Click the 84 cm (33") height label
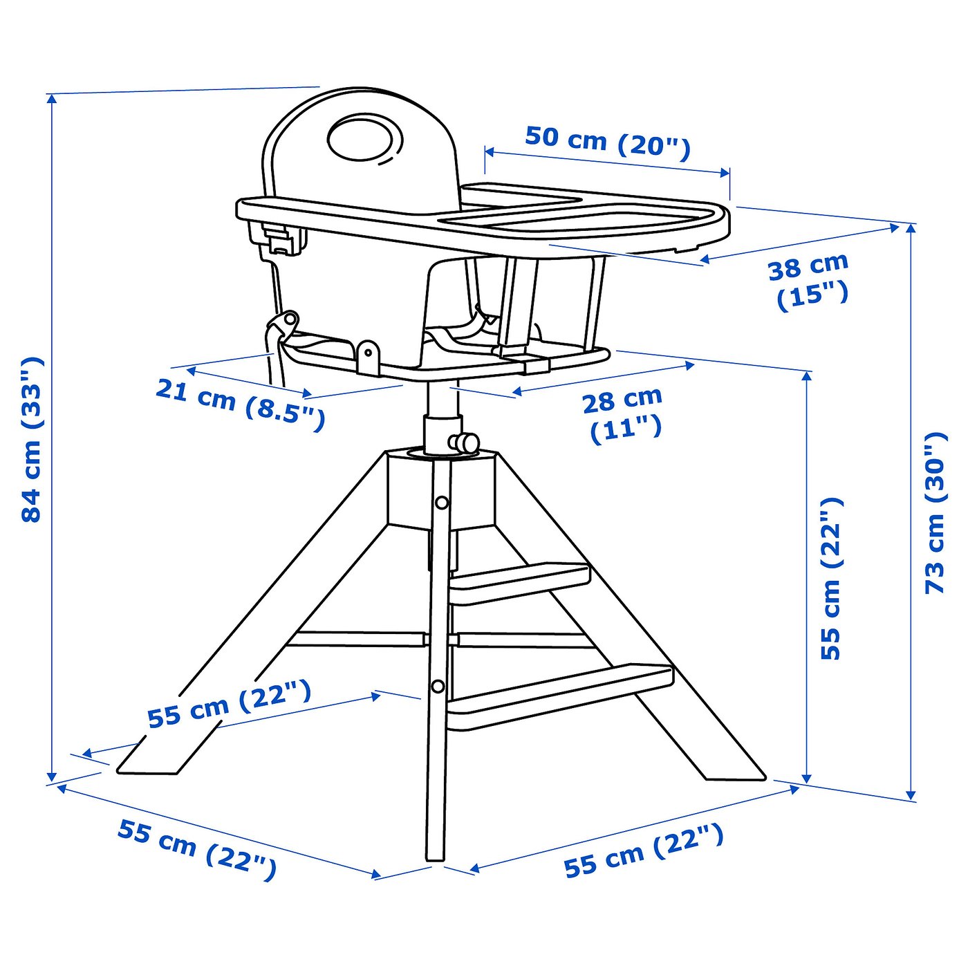[32, 440]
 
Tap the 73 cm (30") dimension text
[935, 512]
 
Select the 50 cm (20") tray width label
[607, 142]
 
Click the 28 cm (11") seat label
[623, 414]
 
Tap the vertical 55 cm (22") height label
[830, 578]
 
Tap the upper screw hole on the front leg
[441, 503]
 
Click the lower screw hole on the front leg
[438, 686]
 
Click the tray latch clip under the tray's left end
[280, 239]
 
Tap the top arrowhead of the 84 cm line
[51, 97]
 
